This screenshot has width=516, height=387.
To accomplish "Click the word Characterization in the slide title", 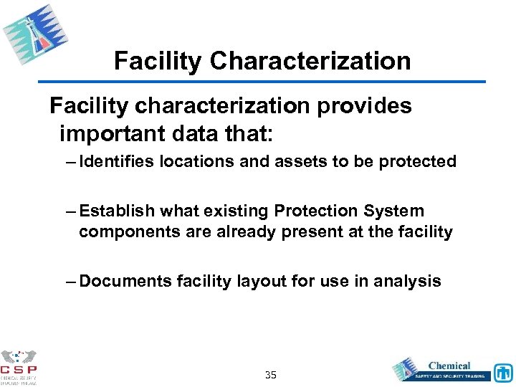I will [310, 61].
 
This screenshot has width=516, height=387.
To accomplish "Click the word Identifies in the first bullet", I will [117, 162].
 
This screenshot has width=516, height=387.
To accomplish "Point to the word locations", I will [197, 162].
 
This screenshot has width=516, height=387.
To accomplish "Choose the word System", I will [393, 211].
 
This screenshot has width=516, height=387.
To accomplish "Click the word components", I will [125, 232].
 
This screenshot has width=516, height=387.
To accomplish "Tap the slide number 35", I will [271, 375].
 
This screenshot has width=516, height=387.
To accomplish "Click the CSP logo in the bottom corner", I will [19, 367].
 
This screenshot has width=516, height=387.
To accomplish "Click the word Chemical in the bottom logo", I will [449, 365].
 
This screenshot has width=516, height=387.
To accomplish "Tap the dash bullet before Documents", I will [70, 281].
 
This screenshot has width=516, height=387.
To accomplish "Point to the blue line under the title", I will [262, 80].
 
